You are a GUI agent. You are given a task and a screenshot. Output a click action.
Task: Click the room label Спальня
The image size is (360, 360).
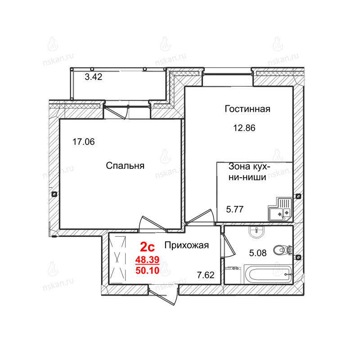(125, 166)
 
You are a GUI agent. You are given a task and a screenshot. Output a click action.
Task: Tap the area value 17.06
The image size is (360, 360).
(84, 142)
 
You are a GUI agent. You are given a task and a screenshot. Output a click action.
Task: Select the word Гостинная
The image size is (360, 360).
(247, 109)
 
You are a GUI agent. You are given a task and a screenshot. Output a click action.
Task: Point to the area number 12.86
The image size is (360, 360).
(244, 128)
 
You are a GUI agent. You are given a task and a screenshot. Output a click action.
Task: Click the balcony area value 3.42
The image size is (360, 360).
(94, 76)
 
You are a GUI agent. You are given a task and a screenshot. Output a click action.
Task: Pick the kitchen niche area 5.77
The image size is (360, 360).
(234, 209)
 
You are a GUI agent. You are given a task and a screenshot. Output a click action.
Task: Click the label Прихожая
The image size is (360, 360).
(187, 245)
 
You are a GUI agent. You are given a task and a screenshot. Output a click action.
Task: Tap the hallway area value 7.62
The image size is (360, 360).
(206, 275)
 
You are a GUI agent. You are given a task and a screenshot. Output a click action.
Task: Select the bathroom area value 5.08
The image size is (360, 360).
(258, 253)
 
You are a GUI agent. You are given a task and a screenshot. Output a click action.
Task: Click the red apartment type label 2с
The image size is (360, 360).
(148, 247)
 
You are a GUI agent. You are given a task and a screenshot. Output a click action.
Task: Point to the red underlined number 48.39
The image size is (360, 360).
(147, 260)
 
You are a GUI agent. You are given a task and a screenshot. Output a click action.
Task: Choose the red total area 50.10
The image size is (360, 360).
(147, 270)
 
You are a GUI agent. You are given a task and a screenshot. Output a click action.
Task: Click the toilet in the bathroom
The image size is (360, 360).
(282, 250)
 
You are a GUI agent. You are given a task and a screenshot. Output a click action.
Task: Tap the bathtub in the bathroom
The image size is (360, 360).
(268, 274)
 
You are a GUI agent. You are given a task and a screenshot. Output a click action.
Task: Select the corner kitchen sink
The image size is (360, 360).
(280, 209)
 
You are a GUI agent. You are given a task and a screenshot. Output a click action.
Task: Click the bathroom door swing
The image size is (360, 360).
(228, 245)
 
